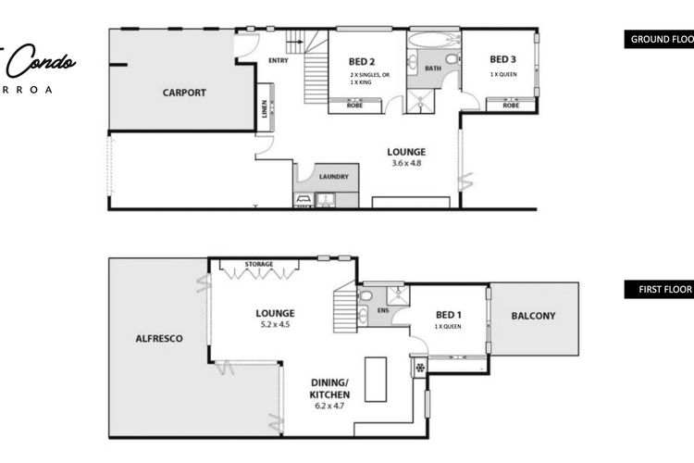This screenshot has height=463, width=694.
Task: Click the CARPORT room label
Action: tap(183, 93)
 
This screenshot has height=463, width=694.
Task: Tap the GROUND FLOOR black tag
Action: tap(659, 40)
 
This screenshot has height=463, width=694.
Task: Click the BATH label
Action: tap(433, 69)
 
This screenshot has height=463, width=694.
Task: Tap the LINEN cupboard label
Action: tap(266, 111)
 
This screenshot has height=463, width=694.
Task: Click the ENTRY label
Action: tap(278, 62)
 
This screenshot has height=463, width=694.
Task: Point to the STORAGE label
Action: tap(258, 265)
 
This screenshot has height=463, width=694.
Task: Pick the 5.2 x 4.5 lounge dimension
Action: tap(276, 325)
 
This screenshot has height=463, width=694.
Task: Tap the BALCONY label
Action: tap(533, 317)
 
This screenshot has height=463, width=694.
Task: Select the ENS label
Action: tap(382, 310)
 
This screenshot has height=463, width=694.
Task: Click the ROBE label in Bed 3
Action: tap(510, 106)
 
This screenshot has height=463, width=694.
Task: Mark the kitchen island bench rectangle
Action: tap(375, 378)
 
